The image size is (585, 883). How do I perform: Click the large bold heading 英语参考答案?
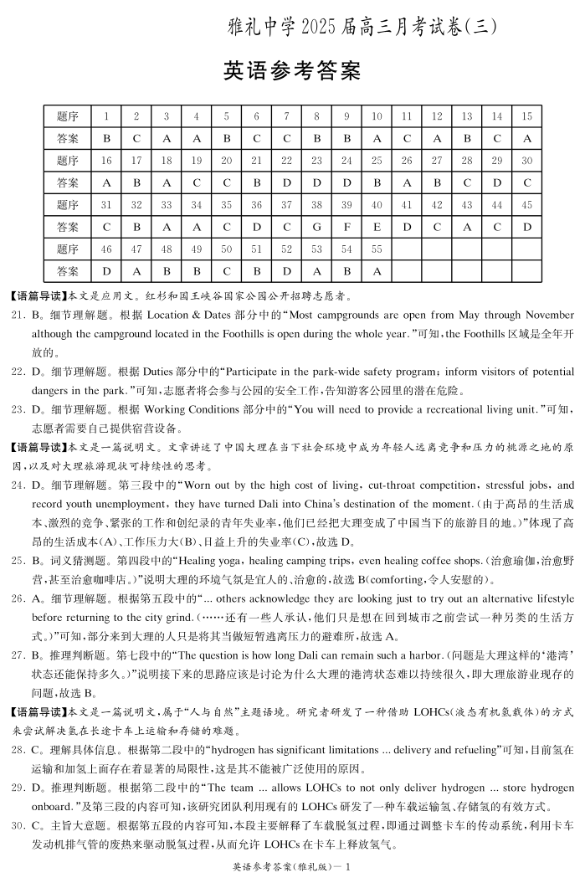(291, 72)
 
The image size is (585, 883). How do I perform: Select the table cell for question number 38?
(316, 205)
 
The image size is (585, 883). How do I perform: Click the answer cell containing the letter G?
(316, 227)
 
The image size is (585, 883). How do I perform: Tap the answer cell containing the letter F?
(346, 227)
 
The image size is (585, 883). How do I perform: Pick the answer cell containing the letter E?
(377, 227)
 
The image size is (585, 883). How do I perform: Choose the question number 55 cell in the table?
(377, 249)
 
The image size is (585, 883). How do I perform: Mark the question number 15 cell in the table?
(526, 116)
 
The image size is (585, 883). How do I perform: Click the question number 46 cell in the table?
(106, 249)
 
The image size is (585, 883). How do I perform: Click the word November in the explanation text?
(547, 316)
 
